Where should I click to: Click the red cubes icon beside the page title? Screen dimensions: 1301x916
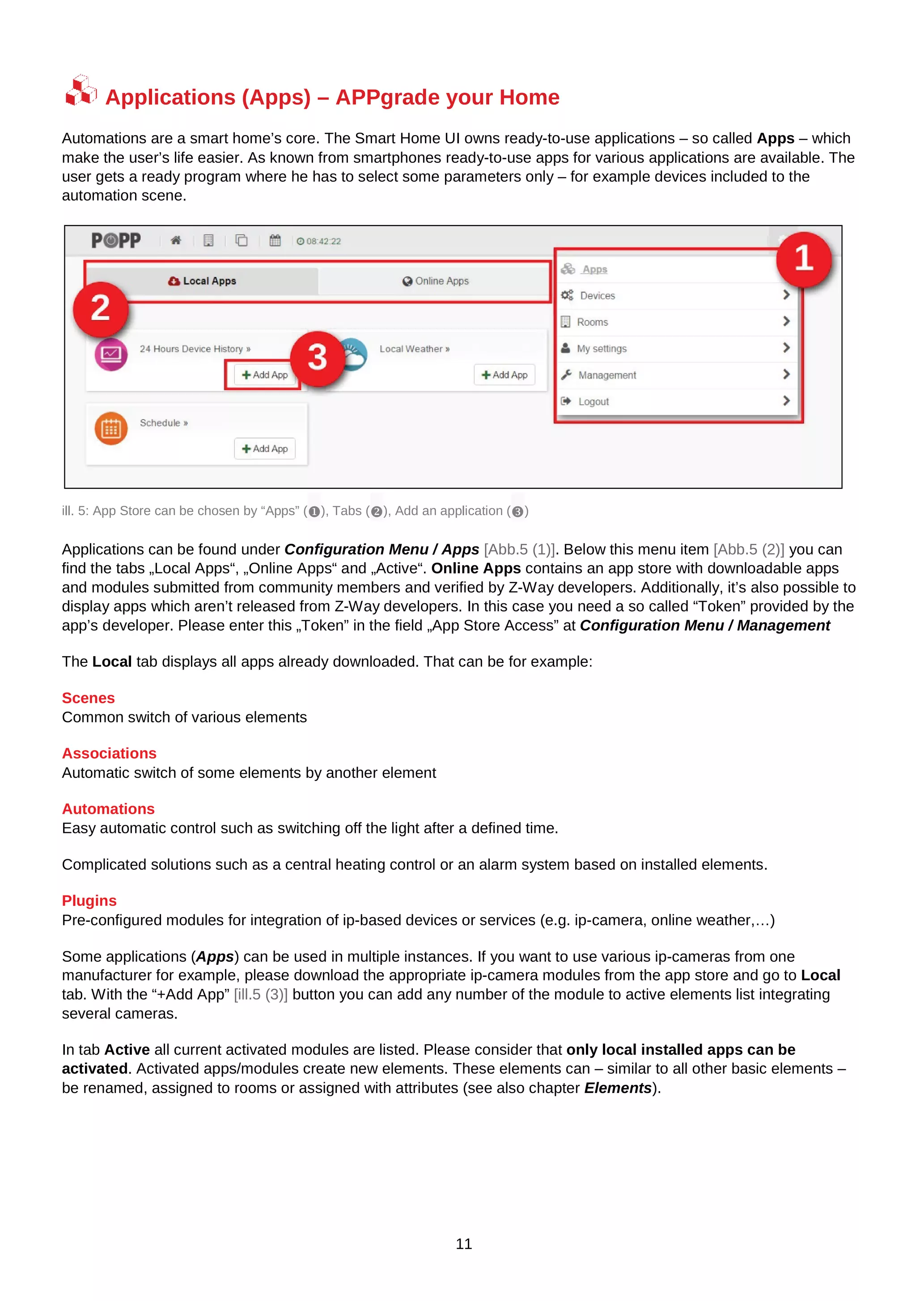coord(81,91)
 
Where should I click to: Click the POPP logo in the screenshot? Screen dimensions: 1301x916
coord(116,241)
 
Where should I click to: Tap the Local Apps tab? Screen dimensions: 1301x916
coord(202,281)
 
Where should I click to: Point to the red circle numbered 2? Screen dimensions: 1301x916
coord(100,308)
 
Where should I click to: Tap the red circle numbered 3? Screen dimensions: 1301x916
coord(317,358)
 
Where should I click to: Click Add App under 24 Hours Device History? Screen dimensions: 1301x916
coord(265,375)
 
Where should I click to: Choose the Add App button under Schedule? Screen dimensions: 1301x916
coord(265,449)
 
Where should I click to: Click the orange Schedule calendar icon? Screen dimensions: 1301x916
coord(111,429)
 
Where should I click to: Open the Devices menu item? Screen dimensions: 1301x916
coord(597,296)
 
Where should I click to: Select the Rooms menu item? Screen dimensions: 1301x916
coord(592,322)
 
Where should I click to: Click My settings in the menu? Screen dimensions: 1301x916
coord(601,349)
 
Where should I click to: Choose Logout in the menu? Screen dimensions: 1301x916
coord(594,402)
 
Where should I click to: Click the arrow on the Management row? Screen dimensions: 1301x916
coord(786,375)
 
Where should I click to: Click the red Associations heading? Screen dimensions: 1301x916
coord(109,753)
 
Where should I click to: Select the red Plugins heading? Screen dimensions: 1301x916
coord(89,900)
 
